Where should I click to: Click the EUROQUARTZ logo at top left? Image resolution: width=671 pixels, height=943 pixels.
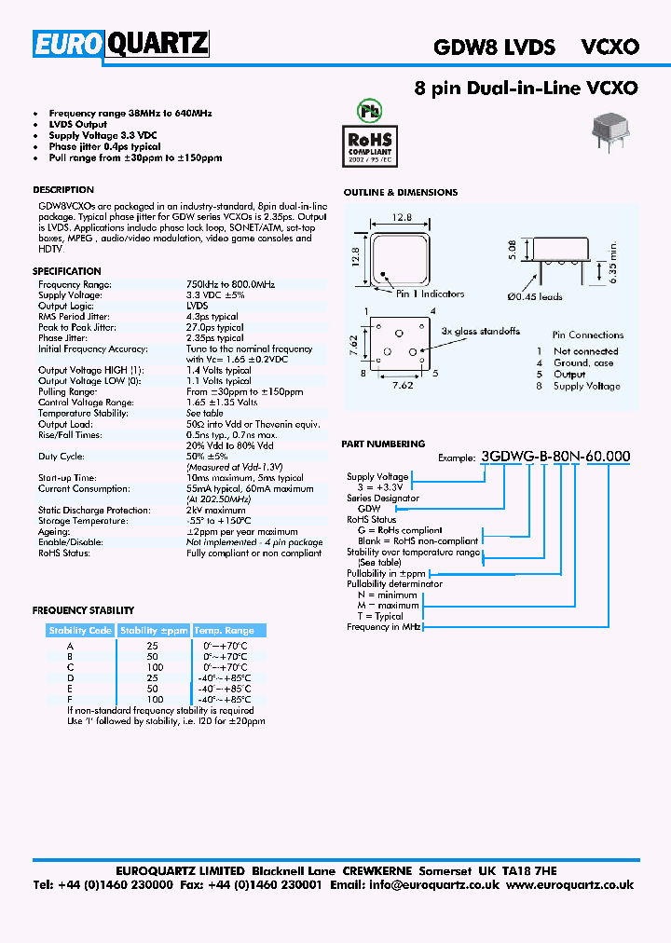click(121, 44)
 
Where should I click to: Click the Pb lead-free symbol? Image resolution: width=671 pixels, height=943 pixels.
click(371, 110)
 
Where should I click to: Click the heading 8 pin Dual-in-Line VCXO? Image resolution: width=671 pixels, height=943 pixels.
click(526, 89)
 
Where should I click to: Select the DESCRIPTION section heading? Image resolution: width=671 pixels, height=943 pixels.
click(63, 190)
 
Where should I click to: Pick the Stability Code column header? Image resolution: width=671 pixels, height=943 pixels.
click(80, 631)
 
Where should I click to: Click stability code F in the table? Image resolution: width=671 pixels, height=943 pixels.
click(70, 699)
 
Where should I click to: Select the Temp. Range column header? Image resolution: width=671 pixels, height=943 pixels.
click(223, 631)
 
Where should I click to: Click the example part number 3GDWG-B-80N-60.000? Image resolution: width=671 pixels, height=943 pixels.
click(555, 457)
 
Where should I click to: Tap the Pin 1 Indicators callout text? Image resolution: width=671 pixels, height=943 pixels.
click(430, 294)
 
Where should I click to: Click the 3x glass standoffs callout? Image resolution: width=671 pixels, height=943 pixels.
click(480, 332)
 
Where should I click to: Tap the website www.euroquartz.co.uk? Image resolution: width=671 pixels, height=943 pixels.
click(570, 885)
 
